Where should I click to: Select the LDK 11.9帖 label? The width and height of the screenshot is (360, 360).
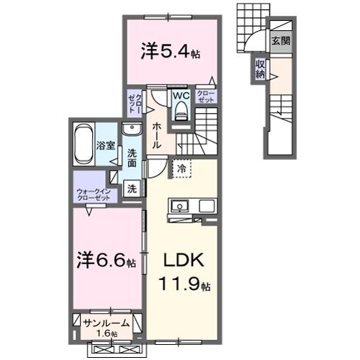184,270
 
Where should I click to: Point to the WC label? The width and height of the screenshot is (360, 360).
179,94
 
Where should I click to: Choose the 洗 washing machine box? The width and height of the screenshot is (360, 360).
131,189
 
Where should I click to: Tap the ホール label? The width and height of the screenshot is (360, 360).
156,132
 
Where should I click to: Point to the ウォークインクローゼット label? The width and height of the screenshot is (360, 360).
94,194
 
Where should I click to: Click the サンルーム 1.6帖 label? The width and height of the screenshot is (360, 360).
107,325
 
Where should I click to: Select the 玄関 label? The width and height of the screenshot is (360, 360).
281,41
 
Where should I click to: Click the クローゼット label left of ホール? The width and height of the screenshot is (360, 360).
134,101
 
